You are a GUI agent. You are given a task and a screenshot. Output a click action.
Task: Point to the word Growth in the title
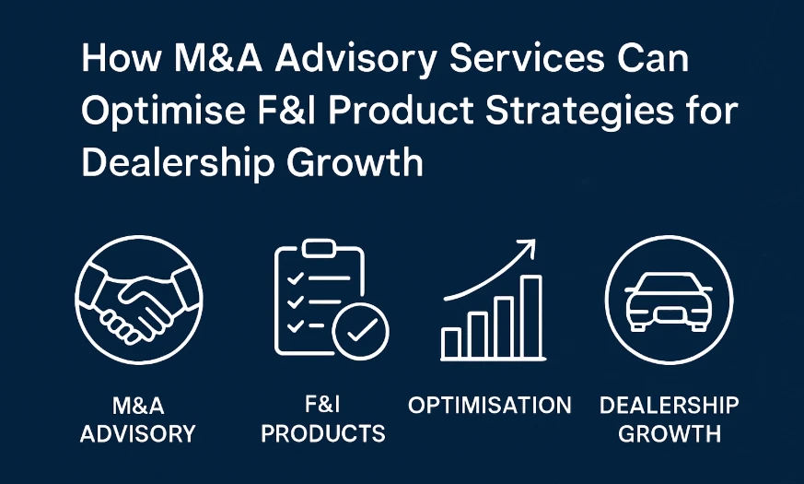355,162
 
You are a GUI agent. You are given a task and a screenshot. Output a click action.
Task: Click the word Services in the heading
527,58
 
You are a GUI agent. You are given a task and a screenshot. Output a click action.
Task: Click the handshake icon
139,300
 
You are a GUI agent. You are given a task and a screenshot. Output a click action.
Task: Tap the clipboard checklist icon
332,300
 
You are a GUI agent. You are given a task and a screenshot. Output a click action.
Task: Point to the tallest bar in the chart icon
531,317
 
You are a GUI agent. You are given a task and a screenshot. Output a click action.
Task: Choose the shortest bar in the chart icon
451,343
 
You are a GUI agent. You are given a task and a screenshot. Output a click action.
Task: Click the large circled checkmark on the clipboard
360,331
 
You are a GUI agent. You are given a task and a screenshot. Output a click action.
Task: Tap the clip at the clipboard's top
319,248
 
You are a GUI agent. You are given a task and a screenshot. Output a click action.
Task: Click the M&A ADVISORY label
138,419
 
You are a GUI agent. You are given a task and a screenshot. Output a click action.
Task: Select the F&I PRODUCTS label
323,419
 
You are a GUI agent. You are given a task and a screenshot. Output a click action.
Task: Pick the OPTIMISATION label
490,405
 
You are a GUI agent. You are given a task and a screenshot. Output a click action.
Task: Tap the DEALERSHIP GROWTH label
670,419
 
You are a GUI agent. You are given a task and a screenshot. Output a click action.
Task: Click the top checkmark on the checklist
295,278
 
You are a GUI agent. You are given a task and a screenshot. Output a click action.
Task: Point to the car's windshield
668,283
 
